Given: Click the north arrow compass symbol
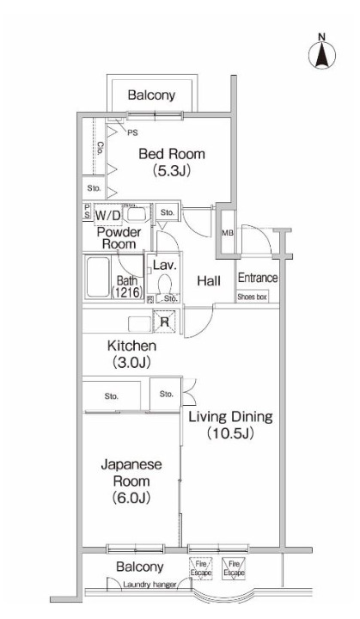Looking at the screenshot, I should click(322, 52).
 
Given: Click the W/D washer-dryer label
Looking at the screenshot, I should click(108, 214).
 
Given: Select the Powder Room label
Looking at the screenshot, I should click(117, 238).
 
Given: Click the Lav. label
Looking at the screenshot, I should click(165, 267).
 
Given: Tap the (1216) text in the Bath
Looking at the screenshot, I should click(127, 292).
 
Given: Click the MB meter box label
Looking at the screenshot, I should click(228, 233).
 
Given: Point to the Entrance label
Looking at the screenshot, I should click(257, 278).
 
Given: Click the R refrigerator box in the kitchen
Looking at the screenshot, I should click(165, 322).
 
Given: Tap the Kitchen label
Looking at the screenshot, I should click(131, 346).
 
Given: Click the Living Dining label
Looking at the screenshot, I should click(229, 418).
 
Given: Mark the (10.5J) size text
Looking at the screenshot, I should click(229, 435).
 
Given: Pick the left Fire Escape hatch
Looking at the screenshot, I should click(200, 567).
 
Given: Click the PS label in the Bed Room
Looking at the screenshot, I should click(131, 133).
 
